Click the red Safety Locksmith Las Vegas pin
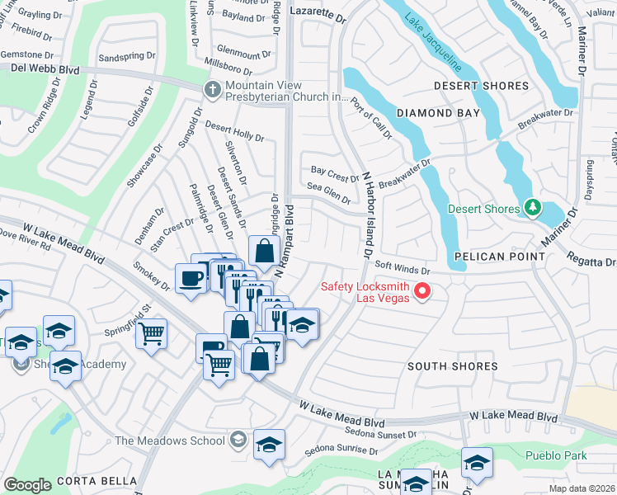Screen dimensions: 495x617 click(x=423, y=290)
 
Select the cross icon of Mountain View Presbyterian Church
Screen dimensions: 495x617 click(x=214, y=89)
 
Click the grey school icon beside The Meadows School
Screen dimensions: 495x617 click(x=238, y=439)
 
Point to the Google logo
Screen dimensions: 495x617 click(x=28, y=484)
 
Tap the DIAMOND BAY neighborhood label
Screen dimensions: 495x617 click(x=437, y=113)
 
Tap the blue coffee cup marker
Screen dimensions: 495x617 click(x=191, y=278)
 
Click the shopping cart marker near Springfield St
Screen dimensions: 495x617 click(x=151, y=334)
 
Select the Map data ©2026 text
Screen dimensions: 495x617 click(x=581, y=488)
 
